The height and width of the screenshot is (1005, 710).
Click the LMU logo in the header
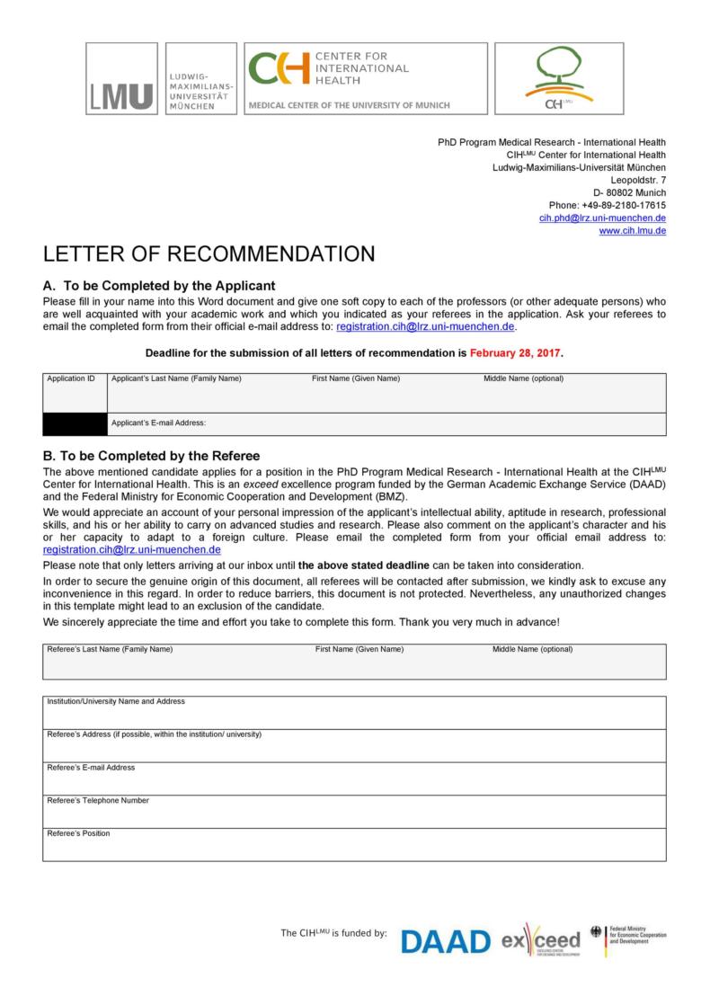[x=121, y=78]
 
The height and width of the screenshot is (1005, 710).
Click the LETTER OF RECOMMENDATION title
[x=209, y=254]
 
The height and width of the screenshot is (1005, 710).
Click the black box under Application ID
[x=75, y=424]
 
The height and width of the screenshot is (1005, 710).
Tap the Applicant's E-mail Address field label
[x=159, y=422]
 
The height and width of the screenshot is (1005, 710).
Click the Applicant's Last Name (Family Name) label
[x=176, y=378]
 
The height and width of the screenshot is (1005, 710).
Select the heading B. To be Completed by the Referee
[x=151, y=456]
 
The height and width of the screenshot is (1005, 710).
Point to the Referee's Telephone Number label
[x=98, y=800]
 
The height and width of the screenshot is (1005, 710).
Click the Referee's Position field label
[x=78, y=833]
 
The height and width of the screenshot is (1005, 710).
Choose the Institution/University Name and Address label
[x=116, y=701]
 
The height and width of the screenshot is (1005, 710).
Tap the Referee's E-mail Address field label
[x=91, y=768]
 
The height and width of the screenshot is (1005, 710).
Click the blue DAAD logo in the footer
[x=445, y=941]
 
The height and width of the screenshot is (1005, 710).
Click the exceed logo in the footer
[x=541, y=941]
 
